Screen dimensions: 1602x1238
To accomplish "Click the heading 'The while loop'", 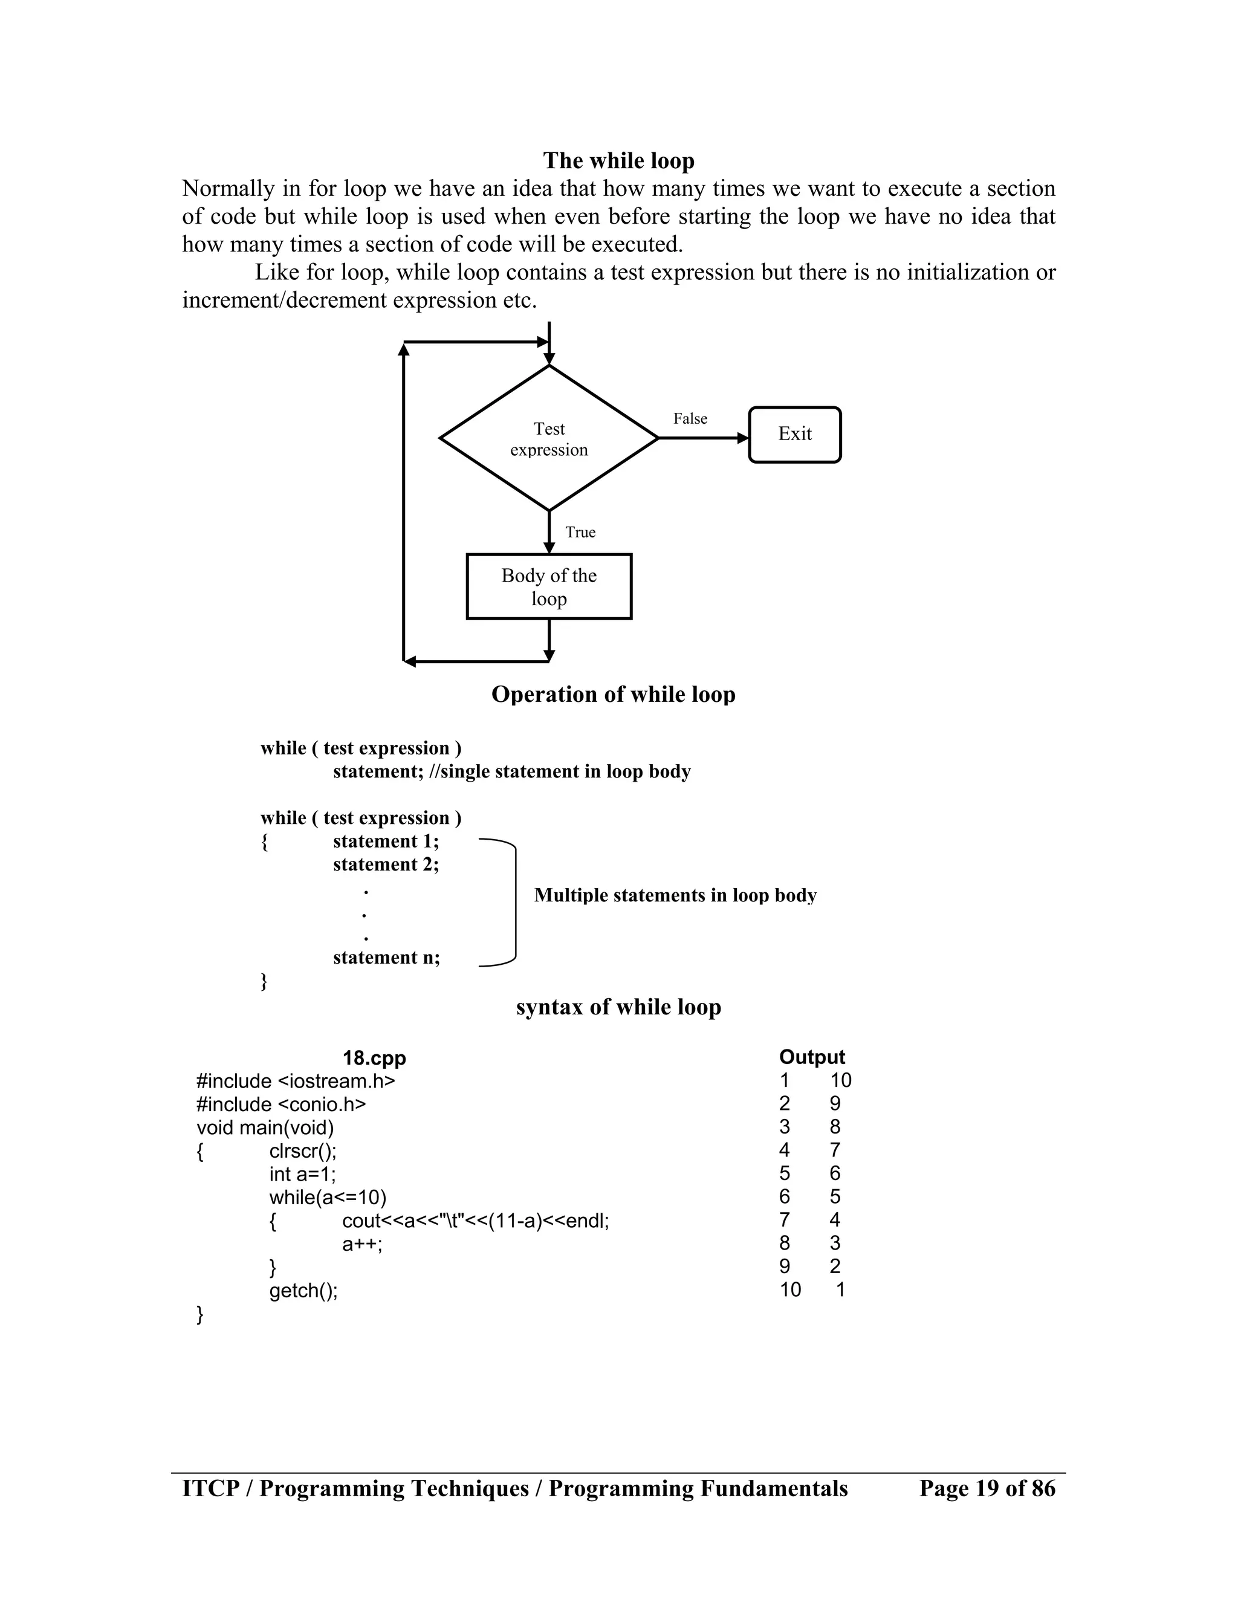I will click(618, 161).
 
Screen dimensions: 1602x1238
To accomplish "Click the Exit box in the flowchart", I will click(794, 434).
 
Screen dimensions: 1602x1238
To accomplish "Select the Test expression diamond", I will click(549, 439).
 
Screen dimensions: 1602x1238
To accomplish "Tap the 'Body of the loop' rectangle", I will click(549, 587).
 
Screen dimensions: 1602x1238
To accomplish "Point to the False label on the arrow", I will click(690, 419).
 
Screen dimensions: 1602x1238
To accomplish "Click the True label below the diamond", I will click(580, 532).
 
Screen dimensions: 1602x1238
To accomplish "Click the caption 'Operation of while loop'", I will click(613, 695).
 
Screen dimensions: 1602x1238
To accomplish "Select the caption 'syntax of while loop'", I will click(618, 1007).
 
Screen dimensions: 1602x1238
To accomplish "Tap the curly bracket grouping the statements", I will click(513, 902).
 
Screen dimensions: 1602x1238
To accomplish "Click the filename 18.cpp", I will click(374, 1058).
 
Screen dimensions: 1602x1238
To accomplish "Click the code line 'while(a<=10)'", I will click(327, 1197).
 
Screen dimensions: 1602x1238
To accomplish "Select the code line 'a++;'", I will click(362, 1244).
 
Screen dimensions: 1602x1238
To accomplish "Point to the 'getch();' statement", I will click(303, 1290).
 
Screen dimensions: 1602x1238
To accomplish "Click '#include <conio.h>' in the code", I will click(281, 1104).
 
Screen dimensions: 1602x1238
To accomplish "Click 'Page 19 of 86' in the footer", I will click(987, 1488).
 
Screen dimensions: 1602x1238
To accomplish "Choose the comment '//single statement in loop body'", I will click(560, 771).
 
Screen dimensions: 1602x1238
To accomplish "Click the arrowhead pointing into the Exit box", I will click(742, 438).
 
